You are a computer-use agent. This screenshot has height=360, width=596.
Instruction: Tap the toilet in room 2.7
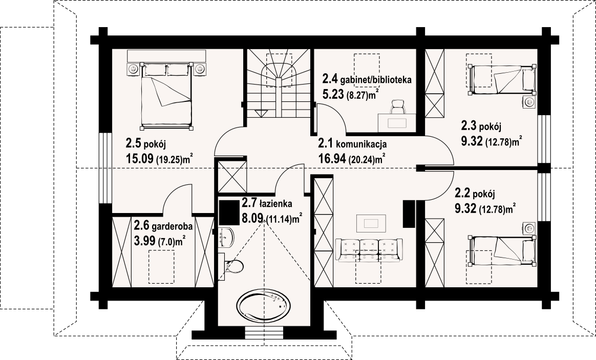[234, 266]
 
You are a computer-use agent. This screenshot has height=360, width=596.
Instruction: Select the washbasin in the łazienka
[226, 237]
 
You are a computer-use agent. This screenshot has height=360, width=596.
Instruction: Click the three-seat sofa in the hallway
[369, 249]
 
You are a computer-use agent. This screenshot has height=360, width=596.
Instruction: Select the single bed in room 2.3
[502, 80]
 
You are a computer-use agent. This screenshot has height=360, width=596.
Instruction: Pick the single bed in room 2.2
[502, 250]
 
